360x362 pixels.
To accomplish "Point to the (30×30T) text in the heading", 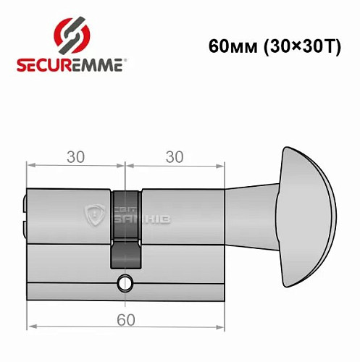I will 299,46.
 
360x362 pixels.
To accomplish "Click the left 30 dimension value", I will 74,157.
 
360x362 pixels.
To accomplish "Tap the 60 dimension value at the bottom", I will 125,320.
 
